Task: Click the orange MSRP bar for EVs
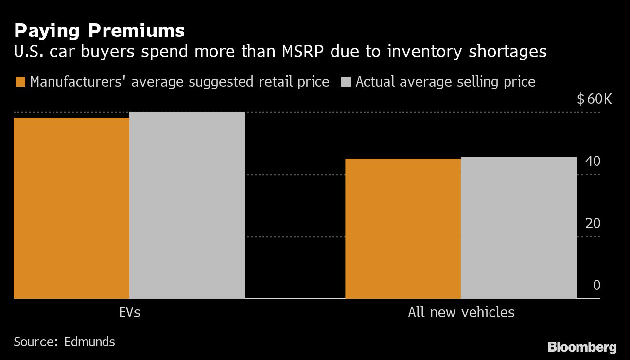[x=71, y=208]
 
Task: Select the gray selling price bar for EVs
[x=187, y=205]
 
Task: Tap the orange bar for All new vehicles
[x=403, y=228]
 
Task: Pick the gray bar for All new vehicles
[x=519, y=227]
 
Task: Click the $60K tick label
[x=594, y=100]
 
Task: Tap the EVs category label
[x=129, y=312]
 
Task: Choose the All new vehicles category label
[x=461, y=312]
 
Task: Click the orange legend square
[x=20, y=82]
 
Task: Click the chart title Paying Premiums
[x=99, y=31]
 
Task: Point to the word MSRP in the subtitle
[x=300, y=52]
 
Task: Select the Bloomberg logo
[x=582, y=347]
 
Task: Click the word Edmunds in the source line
[x=89, y=342]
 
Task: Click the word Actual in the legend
[x=378, y=82]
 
